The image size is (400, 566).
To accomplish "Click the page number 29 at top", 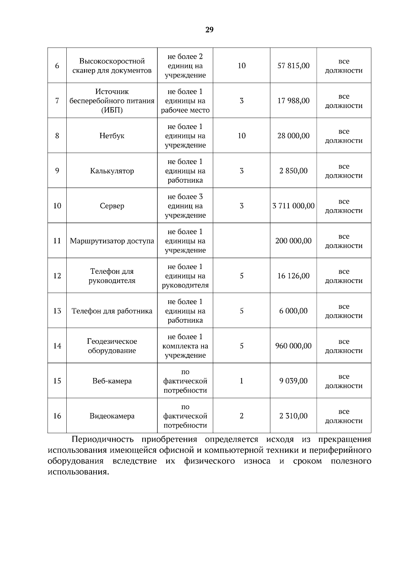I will click(x=209, y=30).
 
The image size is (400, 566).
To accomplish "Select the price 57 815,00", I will click(x=293, y=66).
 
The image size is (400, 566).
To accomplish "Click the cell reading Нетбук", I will click(x=112, y=136).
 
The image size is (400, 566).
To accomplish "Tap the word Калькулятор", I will click(x=112, y=171).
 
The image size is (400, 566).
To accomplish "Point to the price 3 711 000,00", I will click(x=293, y=206).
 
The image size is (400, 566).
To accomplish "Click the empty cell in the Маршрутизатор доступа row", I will click(x=241, y=241).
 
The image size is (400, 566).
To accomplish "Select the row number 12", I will click(x=57, y=276).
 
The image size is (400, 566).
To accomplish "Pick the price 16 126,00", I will click(x=293, y=276).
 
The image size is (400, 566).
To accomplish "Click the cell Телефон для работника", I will click(x=112, y=311).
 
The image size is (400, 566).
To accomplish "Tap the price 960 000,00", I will click(x=293, y=346).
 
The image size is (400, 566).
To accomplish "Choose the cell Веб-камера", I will click(x=112, y=381).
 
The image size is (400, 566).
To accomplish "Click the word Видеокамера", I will click(x=112, y=416).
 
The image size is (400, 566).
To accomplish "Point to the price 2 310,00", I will click(x=293, y=416).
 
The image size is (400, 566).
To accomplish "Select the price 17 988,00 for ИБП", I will click(x=293, y=101).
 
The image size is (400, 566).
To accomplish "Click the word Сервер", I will click(x=112, y=206).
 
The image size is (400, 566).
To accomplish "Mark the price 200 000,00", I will click(x=293, y=241).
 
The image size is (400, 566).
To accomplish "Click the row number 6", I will click(x=57, y=66).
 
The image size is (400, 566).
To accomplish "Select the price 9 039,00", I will click(x=293, y=381).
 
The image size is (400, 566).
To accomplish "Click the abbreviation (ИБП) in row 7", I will click(x=112, y=110).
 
